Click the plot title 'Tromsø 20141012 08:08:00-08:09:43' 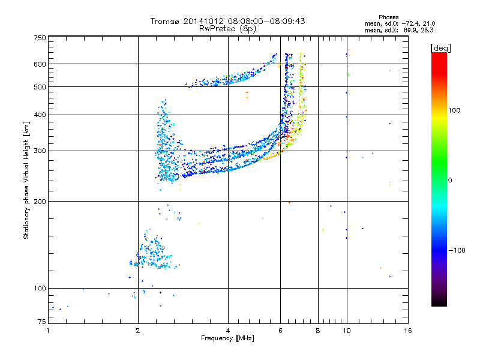point(227,21)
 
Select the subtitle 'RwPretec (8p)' point(227,28)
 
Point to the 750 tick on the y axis point(40,37)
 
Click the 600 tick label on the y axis point(40,64)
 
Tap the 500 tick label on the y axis point(40,87)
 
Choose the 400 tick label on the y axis point(40,115)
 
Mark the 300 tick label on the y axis point(40,151)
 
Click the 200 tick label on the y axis point(40,201)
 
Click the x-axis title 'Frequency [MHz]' point(227,338)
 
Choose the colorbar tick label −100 point(456,250)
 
